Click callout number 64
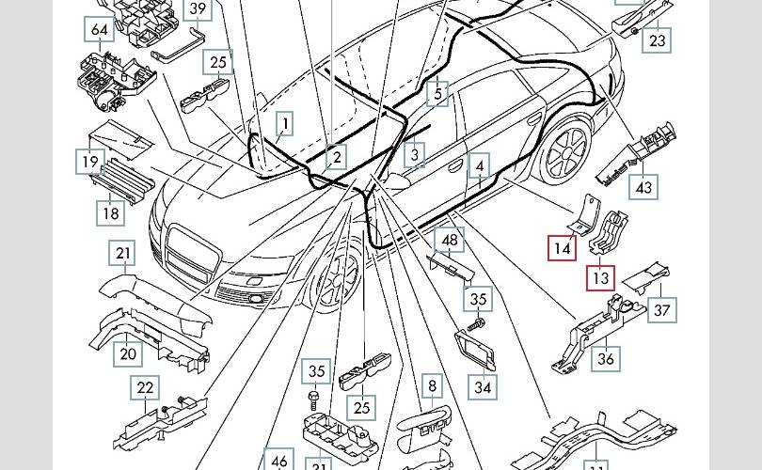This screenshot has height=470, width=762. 100,30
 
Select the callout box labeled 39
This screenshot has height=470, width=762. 198,9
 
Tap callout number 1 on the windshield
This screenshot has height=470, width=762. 283,122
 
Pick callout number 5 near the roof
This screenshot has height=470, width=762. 437,93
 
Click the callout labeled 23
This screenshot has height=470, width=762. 658,41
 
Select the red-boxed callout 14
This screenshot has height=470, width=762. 563,248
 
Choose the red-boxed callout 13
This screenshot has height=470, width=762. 600,278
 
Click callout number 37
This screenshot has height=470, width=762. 663,310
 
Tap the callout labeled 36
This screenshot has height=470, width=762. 607,358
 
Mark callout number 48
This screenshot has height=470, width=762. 451,241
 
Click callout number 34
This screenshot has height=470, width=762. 482,386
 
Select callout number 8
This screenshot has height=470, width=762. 432,385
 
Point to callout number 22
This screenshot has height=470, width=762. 145,387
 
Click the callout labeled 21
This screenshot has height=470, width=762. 124,253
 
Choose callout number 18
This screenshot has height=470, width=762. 111,213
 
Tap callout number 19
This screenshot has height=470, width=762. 88,162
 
